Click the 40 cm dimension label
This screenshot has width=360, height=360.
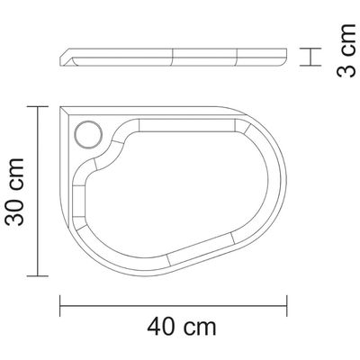182,327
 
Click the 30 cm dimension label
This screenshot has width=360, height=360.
14,192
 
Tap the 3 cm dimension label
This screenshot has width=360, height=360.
346,50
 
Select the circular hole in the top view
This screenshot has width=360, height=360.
88,135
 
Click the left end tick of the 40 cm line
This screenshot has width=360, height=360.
60,306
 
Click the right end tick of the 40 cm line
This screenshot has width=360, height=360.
287,306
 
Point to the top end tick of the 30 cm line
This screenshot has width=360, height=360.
38,106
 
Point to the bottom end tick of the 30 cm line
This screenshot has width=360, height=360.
38,275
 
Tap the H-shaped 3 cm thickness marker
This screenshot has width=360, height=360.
310,57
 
